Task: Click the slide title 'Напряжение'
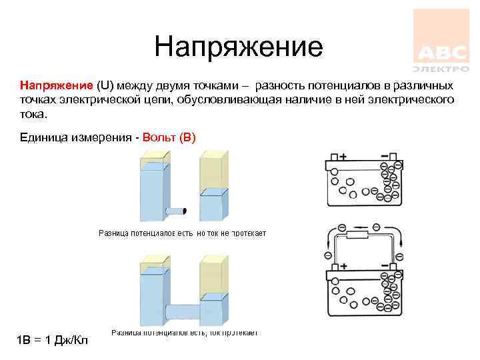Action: click(x=238, y=47)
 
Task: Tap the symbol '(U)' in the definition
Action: click(x=106, y=86)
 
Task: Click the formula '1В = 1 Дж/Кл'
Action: click(x=53, y=341)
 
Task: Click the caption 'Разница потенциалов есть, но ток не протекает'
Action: click(x=183, y=233)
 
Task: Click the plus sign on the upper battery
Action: click(x=343, y=157)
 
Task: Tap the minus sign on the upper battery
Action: click(x=384, y=157)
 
